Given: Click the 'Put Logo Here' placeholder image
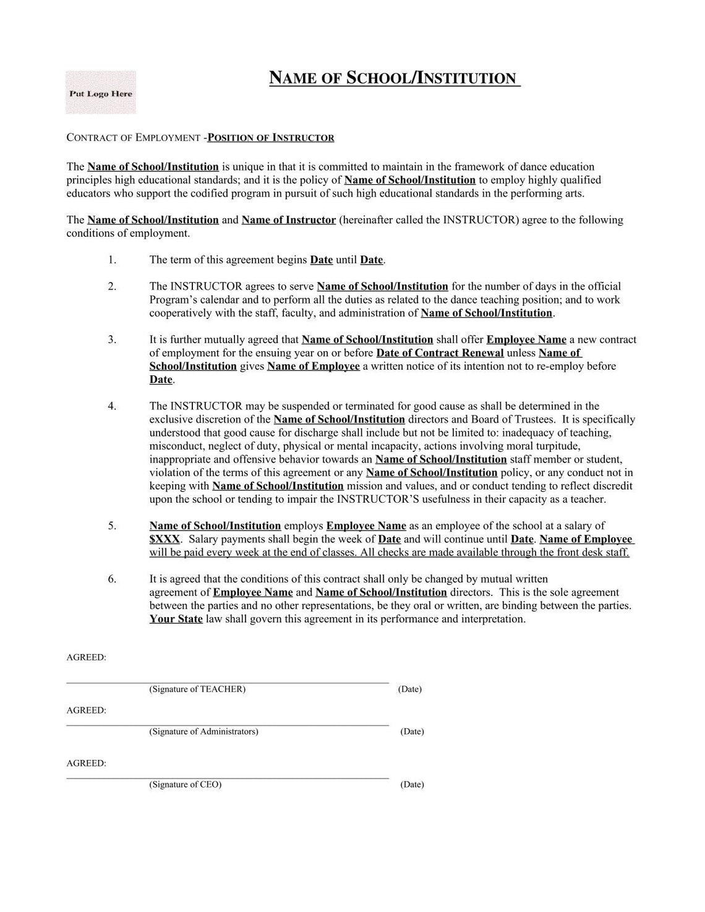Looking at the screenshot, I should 101,93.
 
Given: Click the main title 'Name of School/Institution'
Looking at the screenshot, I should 395,79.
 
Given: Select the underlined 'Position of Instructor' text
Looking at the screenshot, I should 271,138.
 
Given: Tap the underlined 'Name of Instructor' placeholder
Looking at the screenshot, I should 289,220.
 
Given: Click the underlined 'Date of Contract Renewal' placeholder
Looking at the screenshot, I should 440,353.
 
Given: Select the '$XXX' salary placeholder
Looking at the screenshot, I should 164,539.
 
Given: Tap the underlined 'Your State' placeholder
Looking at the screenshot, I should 176,619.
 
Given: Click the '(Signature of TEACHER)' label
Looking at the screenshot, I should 197,689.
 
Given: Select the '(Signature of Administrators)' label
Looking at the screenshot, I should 203,731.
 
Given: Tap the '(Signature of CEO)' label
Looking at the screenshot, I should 185,785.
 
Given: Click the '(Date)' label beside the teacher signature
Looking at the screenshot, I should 409,689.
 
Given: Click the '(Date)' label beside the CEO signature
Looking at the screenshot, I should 412,785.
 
